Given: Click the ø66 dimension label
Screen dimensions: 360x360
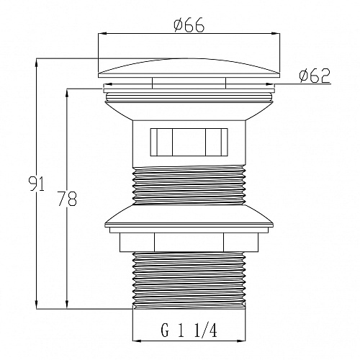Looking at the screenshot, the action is pos(189,25).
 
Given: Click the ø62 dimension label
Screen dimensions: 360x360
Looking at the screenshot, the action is pos(315,76).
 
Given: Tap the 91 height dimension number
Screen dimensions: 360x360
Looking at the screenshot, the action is pos(37,184).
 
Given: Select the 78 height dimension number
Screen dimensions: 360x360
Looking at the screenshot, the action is pos(68,199).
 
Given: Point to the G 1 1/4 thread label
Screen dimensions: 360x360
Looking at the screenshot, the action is pos(189,330).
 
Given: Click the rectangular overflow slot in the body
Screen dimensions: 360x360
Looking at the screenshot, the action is pos(189,142).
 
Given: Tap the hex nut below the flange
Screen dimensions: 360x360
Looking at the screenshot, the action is pos(189,243).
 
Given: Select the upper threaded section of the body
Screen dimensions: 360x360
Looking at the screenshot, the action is pos(189,186).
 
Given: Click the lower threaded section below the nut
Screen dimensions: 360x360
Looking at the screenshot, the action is pos(189,280).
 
